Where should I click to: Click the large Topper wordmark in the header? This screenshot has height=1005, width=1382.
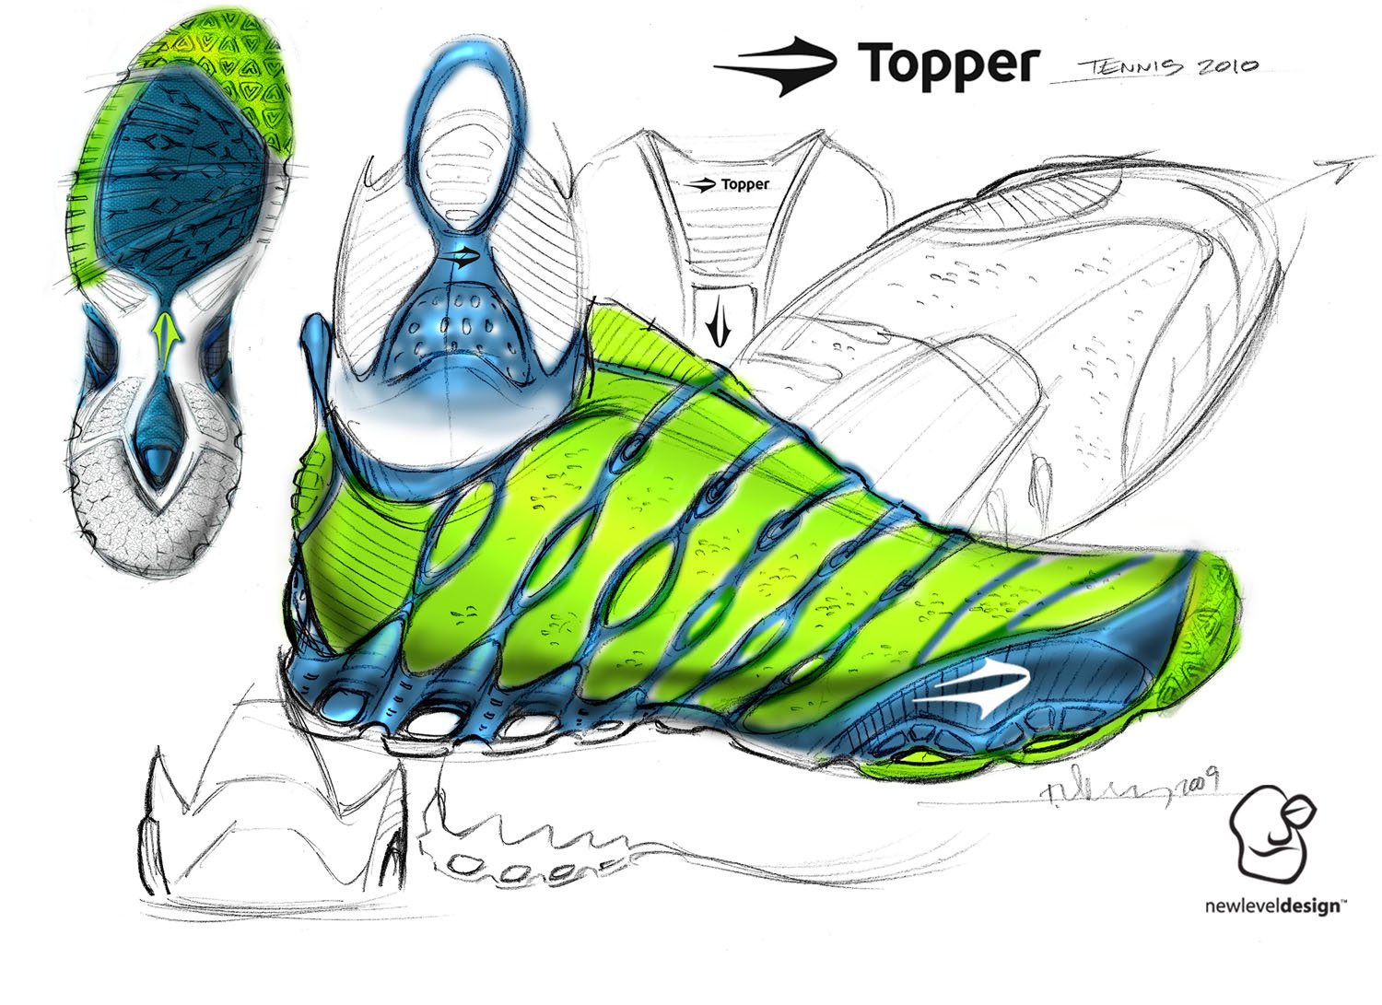pos(949,64)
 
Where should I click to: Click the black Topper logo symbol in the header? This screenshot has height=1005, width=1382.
pos(776,66)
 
